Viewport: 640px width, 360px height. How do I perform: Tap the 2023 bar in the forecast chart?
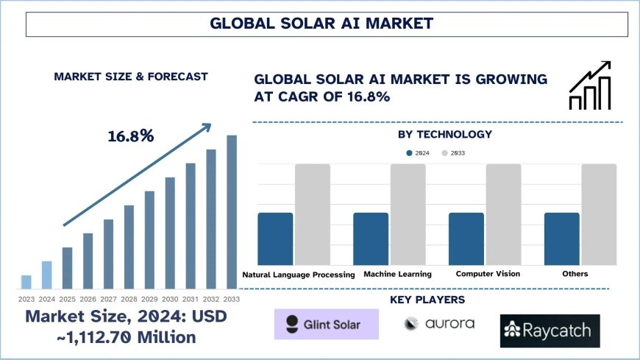click(26, 282)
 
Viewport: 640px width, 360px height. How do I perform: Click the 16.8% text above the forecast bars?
click(130, 136)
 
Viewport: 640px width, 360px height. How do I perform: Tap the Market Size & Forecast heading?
click(130, 77)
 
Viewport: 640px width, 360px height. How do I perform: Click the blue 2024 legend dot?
click(410, 153)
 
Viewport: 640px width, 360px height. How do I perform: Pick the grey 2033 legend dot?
click(445, 153)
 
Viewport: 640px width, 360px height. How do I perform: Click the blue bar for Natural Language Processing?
click(275, 239)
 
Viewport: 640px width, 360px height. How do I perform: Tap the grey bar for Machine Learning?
click(408, 214)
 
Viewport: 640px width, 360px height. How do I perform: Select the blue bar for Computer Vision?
click(466, 239)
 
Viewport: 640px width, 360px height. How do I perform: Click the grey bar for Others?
click(599, 214)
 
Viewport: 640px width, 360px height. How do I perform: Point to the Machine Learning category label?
click(398, 274)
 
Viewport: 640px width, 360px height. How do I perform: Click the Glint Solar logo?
click(326, 324)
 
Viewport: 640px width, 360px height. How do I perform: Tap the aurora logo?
click(439, 324)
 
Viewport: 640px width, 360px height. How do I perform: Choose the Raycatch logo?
click(550, 331)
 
